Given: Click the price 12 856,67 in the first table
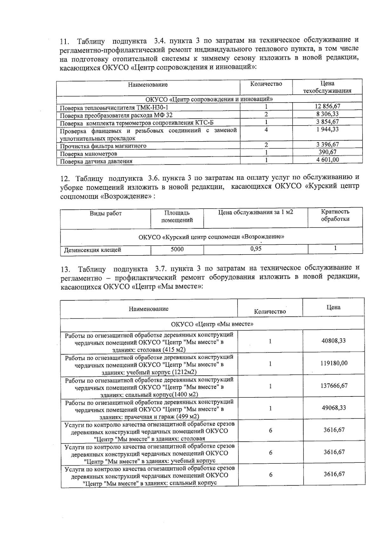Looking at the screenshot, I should (327, 106).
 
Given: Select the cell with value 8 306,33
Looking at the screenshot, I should (327, 114).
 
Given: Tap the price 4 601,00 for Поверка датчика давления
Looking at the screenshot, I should (327, 160).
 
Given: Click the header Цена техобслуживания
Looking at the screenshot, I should (327, 87).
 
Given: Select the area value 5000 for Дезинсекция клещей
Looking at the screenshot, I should (177, 249).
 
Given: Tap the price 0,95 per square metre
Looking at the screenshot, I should (256, 249).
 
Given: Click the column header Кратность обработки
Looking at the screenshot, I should (335, 215).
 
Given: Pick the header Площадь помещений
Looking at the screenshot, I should (177, 216).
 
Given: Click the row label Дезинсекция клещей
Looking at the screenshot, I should (92, 250).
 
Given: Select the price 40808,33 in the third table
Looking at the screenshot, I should (333, 341).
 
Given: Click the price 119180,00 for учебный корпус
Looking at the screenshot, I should (333, 363).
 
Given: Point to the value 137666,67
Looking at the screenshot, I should (333, 386).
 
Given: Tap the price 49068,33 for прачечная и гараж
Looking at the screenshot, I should (333, 408).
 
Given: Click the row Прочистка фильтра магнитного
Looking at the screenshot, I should (103, 146).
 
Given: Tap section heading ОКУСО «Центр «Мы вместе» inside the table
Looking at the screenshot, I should (212, 324).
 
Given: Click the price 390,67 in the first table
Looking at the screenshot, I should (327, 152).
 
